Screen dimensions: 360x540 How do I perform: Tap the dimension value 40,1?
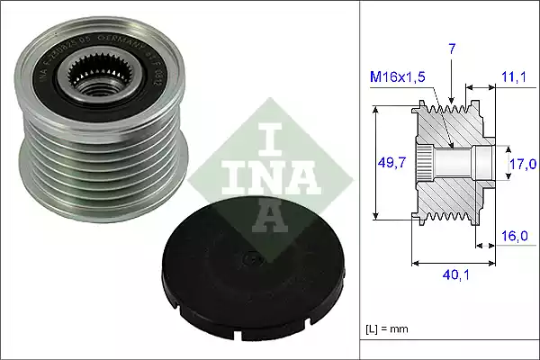pyautogui.click(x=454, y=277)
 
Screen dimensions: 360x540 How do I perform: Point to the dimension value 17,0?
pyautogui.click(x=523, y=163)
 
